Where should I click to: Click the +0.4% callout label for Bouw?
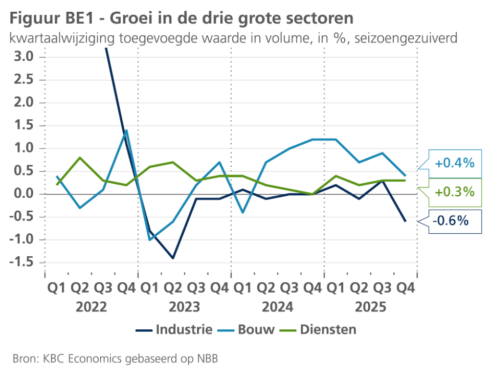455,164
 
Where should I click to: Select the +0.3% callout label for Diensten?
455,192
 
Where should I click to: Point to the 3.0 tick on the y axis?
22,57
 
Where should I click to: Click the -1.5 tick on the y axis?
20,263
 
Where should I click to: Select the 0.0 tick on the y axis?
22,194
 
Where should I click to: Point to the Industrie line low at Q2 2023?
173,258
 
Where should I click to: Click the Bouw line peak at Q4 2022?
126,130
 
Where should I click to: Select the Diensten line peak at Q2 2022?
80,158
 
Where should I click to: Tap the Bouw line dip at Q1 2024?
242,212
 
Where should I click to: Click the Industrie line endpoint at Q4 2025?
406,221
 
